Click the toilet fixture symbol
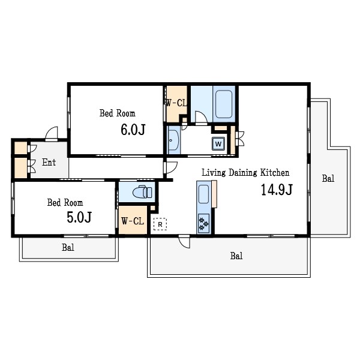click(142, 191)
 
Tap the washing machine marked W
click(218, 144)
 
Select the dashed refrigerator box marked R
click(160, 224)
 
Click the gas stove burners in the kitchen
click(203, 224)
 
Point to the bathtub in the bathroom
click(224, 104)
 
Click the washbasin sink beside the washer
click(173, 140)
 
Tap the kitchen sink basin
click(203, 194)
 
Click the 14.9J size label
click(277, 190)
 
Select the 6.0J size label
click(133, 130)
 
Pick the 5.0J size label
click(79, 217)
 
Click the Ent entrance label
click(49, 163)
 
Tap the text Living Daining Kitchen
click(245, 173)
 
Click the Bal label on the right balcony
click(328, 178)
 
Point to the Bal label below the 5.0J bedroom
click(68, 247)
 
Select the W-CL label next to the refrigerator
click(133, 221)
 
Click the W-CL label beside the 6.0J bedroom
click(176, 103)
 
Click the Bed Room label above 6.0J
click(118, 113)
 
